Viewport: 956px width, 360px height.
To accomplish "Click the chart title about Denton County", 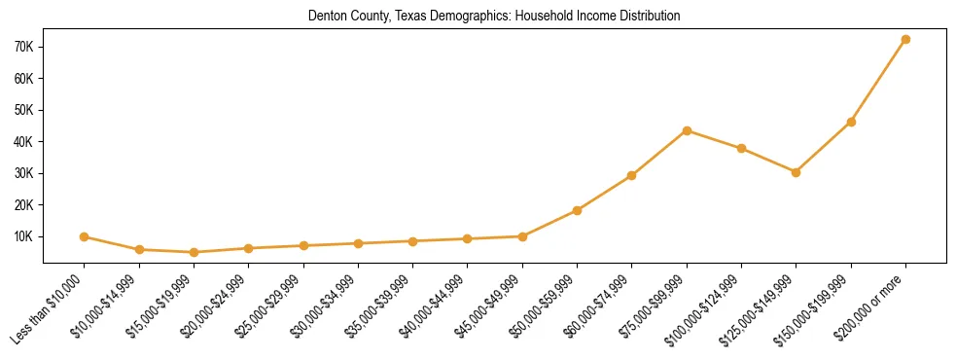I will coord(493,17).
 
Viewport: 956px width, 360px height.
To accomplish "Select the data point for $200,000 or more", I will coord(905,40).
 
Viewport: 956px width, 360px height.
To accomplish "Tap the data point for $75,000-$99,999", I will coord(687,130).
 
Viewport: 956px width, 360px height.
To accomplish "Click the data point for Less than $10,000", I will coord(85,236).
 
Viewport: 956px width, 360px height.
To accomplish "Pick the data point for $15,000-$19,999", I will coord(194,252).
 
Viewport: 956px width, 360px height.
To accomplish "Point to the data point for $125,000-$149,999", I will coord(796,172).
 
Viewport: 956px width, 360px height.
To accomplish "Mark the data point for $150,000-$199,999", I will coord(851,122).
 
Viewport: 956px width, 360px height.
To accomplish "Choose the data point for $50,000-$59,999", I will coord(577,210).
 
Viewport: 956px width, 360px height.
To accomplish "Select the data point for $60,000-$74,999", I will coord(632,175).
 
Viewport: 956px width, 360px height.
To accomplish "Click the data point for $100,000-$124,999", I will coord(741,149).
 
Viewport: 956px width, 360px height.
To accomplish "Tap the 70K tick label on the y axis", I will coord(24,47).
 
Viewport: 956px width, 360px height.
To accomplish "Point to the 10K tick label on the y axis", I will coord(24,236).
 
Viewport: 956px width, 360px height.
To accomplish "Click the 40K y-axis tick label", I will coord(24,142).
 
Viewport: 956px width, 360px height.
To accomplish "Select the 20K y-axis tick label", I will coord(24,205).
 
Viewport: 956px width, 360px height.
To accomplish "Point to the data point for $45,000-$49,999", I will coord(522,236).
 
